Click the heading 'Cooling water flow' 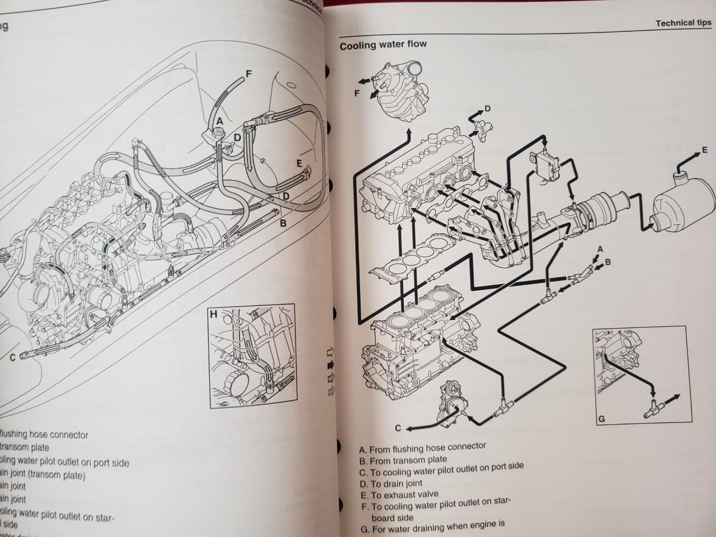383,45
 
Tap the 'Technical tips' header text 683,23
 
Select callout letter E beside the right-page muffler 704,151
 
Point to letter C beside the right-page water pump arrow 398,428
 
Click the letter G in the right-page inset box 601,418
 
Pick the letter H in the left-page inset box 213,314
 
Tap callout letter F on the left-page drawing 249,74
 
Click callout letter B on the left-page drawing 283,223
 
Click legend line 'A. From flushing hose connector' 422,449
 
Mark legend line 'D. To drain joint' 390,484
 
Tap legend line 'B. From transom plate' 403,460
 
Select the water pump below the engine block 453,402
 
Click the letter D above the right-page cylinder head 487,109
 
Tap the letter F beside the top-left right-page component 356,93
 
